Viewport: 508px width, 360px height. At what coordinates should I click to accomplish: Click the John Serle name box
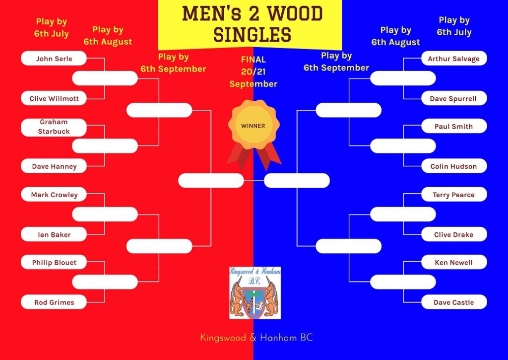[x=54, y=59]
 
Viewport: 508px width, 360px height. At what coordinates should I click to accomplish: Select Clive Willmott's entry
[x=54, y=98]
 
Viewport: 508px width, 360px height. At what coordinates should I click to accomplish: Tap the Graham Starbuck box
[x=54, y=127]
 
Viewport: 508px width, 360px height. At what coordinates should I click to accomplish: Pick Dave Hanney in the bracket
[x=54, y=166]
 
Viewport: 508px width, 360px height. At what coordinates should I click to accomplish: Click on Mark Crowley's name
[x=54, y=194]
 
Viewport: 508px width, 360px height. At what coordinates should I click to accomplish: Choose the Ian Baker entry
[x=54, y=234]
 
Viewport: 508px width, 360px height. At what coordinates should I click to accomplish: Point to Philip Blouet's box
[x=54, y=262]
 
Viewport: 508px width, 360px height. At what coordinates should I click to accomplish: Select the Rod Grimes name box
[x=54, y=302]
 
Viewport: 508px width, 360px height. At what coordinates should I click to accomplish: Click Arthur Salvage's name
[x=454, y=59]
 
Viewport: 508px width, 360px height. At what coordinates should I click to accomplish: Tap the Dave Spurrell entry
[x=454, y=98]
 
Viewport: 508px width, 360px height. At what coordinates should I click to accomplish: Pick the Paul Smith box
[x=454, y=126]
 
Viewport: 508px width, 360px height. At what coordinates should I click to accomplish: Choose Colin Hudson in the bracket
[x=454, y=166]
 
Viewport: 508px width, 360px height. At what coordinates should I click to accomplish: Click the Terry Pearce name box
[x=454, y=194]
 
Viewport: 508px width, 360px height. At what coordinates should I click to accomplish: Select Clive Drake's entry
[x=454, y=234]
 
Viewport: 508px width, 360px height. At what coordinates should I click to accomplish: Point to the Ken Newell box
[x=454, y=262]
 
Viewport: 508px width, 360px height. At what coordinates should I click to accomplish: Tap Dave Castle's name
[x=454, y=302]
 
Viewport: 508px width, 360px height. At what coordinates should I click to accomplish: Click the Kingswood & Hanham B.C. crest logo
[x=255, y=293]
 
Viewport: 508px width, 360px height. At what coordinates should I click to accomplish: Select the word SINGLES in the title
[x=253, y=35]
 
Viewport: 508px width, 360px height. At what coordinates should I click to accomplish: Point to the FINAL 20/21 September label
[x=254, y=72]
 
